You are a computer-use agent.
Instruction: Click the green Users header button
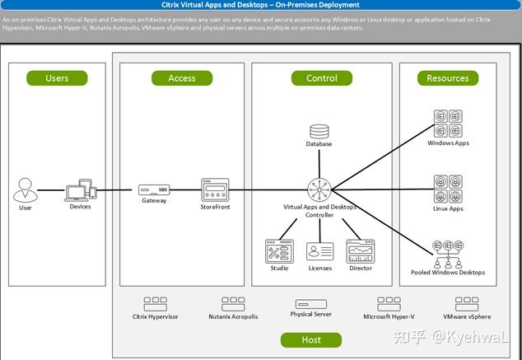pos(57,78)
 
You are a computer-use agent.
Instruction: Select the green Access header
pos(182,78)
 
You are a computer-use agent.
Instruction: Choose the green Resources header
pos(448,78)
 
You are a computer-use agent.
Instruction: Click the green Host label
pos(311,339)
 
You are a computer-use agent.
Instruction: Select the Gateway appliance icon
pos(154,189)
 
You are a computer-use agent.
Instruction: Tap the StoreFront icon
pos(214,189)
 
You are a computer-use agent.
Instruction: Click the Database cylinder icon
pos(319,131)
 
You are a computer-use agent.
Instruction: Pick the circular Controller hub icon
pos(319,190)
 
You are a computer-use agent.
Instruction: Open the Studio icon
pos(279,251)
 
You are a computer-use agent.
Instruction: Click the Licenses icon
pos(319,251)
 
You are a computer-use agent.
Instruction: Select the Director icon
pos(360,251)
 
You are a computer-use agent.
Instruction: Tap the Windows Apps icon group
pos(447,124)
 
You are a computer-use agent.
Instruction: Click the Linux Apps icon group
pos(447,190)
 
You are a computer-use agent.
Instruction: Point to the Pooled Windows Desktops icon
pos(447,254)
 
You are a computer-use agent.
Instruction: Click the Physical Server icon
pos(311,304)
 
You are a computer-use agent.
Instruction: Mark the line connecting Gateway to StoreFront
pos(185,190)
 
